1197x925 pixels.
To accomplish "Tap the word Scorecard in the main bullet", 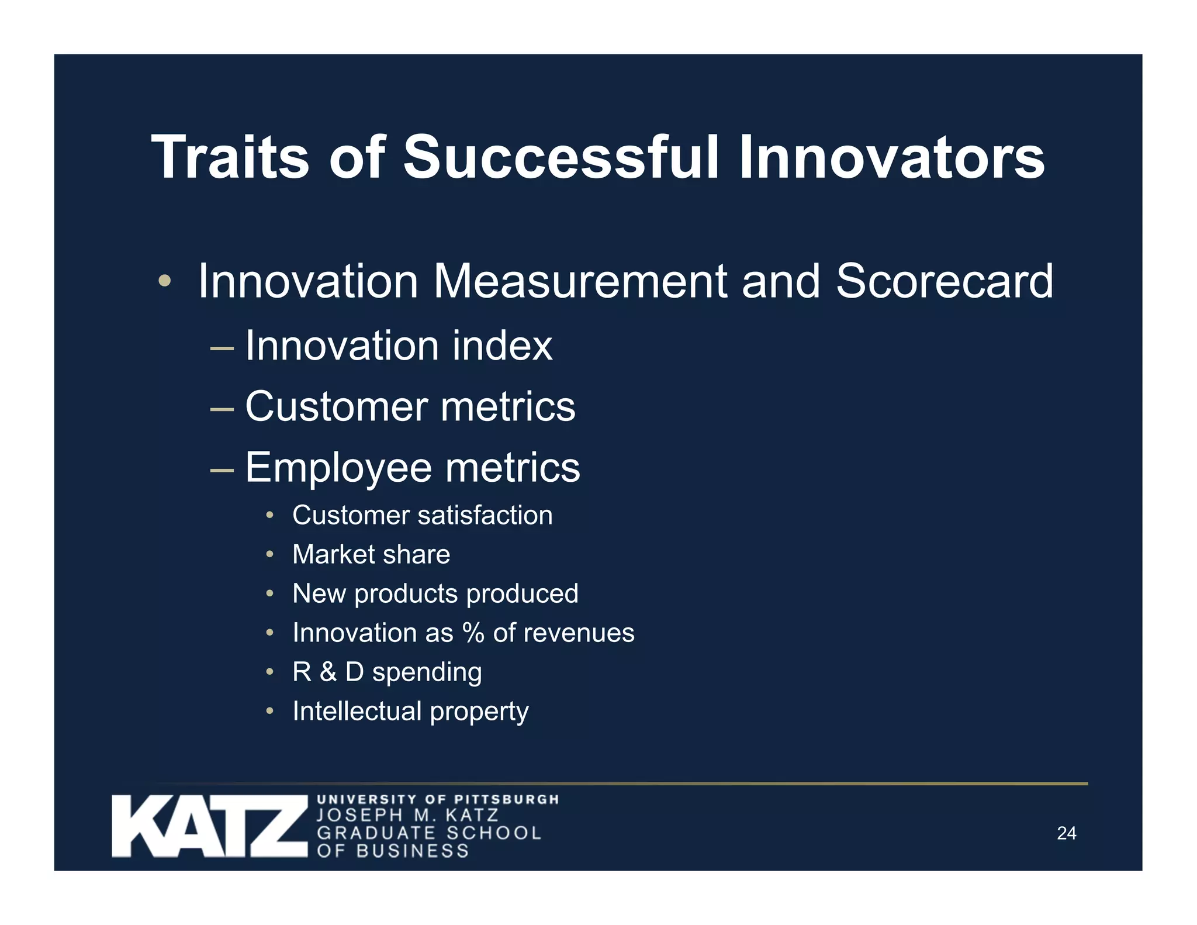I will (x=944, y=281).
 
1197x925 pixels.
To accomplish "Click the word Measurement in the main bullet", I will (x=579, y=281).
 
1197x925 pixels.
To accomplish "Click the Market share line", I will (x=371, y=554).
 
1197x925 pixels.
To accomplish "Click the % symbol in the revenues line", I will (x=473, y=633).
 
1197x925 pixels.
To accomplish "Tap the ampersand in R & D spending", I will (x=328, y=672).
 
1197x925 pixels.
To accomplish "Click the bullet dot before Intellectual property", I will (x=269, y=711).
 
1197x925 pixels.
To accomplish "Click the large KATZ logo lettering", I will (x=209, y=826).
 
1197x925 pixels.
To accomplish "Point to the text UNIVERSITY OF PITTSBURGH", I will (x=438, y=799).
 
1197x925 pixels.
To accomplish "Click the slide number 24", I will (x=1066, y=833).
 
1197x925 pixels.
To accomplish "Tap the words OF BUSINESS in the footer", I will (x=393, y=851).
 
